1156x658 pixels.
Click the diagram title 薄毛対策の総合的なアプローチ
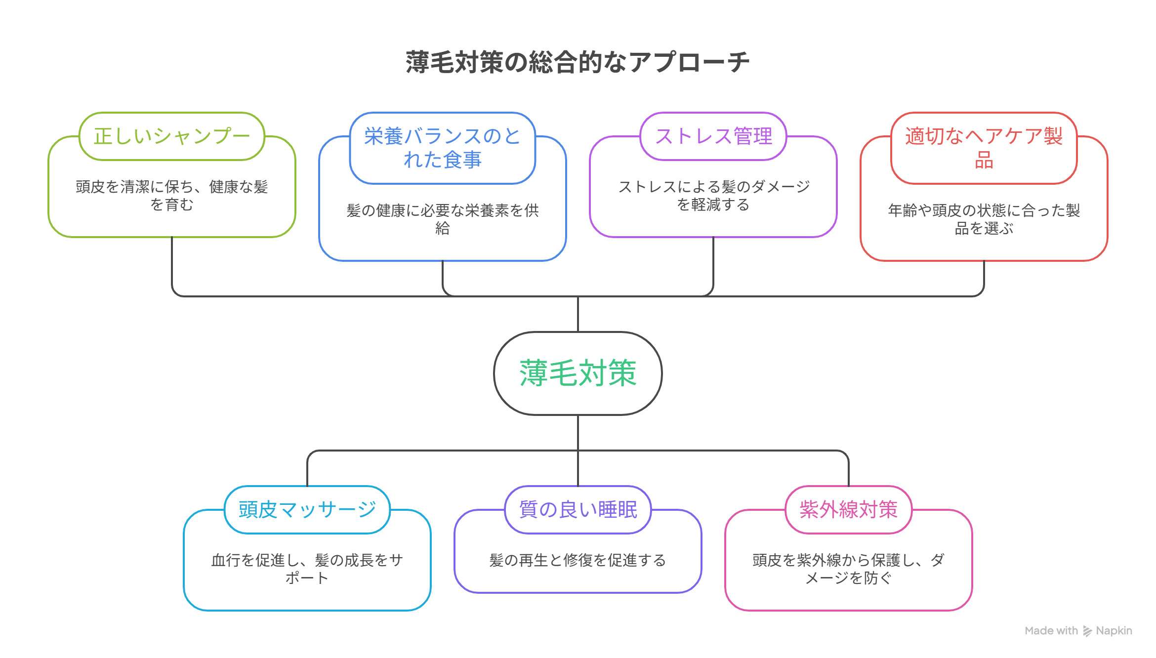(x=578, y=62)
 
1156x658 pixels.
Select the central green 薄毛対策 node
(x=578, y=373)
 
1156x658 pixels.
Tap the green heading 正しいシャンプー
(x=171, y=136)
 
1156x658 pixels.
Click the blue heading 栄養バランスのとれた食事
(x=442, y=148)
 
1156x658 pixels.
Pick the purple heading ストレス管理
(x=713, y=136)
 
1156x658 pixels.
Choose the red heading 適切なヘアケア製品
(x=983, y=148)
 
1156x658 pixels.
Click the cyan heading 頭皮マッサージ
(x=307, y=509)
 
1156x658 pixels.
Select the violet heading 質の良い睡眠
(x=578, y=509)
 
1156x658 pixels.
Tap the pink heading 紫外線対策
(x=848, y=509)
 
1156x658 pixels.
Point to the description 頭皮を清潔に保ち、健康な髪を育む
(x=171, y=196)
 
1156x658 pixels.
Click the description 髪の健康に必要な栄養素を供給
(x=442, y=219)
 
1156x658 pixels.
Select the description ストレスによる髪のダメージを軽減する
(x=713, y=196)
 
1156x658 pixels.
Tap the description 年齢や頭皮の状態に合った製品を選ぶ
(x=983, y=219)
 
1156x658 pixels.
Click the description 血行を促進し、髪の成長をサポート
(x=307, y=569)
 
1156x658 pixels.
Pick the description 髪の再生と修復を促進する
(x=578, y=560)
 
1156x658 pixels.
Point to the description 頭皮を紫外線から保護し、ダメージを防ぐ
(x=848, y=569)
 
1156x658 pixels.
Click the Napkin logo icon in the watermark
(x=1087, y=631)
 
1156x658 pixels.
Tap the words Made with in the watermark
(x=1051, y=631)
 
